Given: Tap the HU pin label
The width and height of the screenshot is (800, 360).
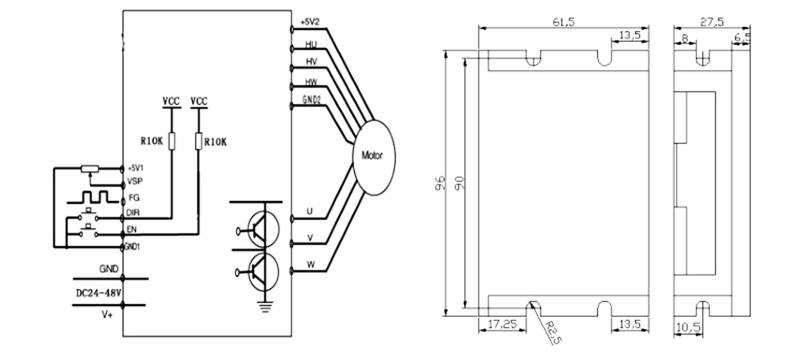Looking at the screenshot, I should pos(311,45).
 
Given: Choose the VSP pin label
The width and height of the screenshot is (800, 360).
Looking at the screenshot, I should pos(133,183).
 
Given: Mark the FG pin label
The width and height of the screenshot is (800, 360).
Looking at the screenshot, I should pos(131,199).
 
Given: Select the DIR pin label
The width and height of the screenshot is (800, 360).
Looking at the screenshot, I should pos(132,214).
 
